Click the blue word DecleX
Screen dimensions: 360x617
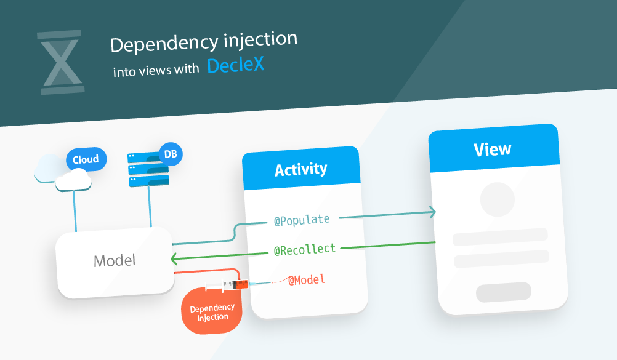[x=235, y=65]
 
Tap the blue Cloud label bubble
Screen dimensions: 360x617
[x=86, y=160]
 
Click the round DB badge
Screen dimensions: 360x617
[x=171, y=154]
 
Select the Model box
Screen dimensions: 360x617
[x=115, y=261]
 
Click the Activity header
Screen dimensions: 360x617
[x=300, y=169]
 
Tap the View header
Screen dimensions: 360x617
[x=492, y=149]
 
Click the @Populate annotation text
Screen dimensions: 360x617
[x=302, y=219]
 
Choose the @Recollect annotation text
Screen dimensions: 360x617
[x=305, y=249]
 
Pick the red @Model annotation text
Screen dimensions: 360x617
[x=306, y=280]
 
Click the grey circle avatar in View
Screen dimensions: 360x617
[x=497, y=199]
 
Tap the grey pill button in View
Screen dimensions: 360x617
[x=503, y=292]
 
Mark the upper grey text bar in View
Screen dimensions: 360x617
[x=500, y=236]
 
